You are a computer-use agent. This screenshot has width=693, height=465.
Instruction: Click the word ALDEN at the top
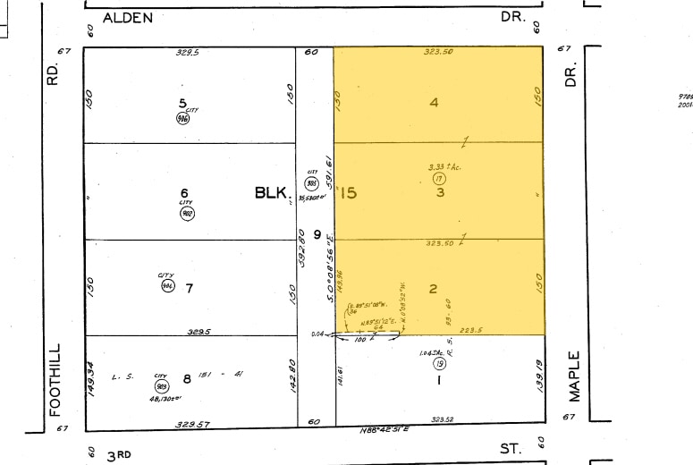click(129, 17)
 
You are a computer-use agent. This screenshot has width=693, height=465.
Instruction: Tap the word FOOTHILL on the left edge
click(55, 380)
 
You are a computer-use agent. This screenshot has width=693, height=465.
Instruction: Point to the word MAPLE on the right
click(572, 376)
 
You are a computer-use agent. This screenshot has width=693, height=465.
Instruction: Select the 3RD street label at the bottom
click(118, 455)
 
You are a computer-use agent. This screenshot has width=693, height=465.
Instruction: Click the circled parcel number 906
click(182, 118)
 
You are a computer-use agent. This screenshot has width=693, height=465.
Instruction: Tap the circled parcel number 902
click(187, 213)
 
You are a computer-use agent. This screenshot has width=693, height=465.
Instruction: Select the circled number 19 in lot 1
click(439, 364)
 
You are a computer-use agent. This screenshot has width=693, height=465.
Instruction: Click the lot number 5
click(182, 102)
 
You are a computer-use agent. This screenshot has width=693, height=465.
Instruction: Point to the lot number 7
click(189, 288)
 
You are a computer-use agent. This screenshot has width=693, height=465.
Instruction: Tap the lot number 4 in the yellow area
click(435, 102)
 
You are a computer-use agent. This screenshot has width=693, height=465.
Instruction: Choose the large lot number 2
click(433, 288)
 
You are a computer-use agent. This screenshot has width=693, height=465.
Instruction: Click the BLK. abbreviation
click(270, 192)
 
